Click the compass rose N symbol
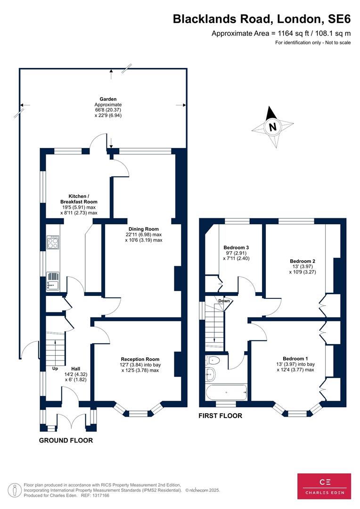[273, 127]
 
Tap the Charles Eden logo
[324, 486]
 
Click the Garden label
[108, 99]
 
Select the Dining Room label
[143, 229]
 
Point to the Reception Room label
[140, 359]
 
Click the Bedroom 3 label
[237, 247]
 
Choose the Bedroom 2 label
[303, 261]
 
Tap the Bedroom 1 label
[295, 359]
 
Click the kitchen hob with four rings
[53, 242]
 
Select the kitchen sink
[53, 281]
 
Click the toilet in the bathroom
[213, 360]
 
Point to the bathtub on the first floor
[226, 393]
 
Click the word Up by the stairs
[55, 369]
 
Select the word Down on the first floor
[224, 301]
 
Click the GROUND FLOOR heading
[66, 440]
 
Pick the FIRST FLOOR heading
[221, 416]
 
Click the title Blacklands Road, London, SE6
[262, 19]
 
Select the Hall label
[76, 369]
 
